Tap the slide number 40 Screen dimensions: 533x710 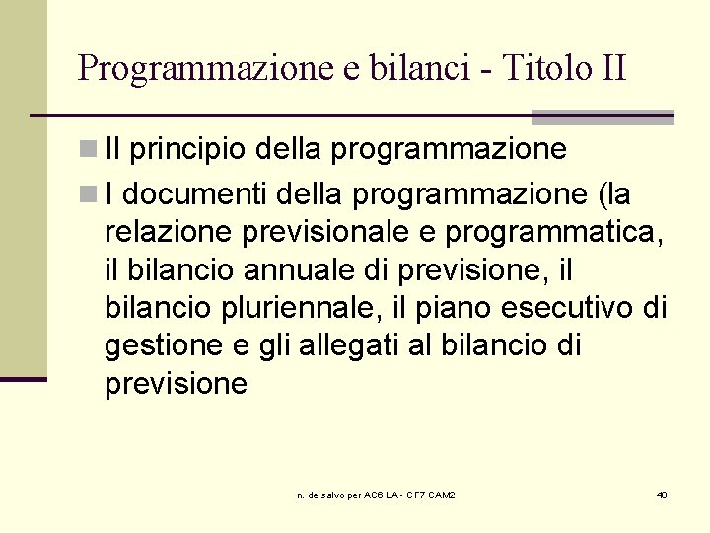pos(661,495)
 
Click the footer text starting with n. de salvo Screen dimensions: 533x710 pos(376,495)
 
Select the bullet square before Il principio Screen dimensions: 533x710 pos(88,150)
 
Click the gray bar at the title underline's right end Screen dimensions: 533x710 pos(603,117)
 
